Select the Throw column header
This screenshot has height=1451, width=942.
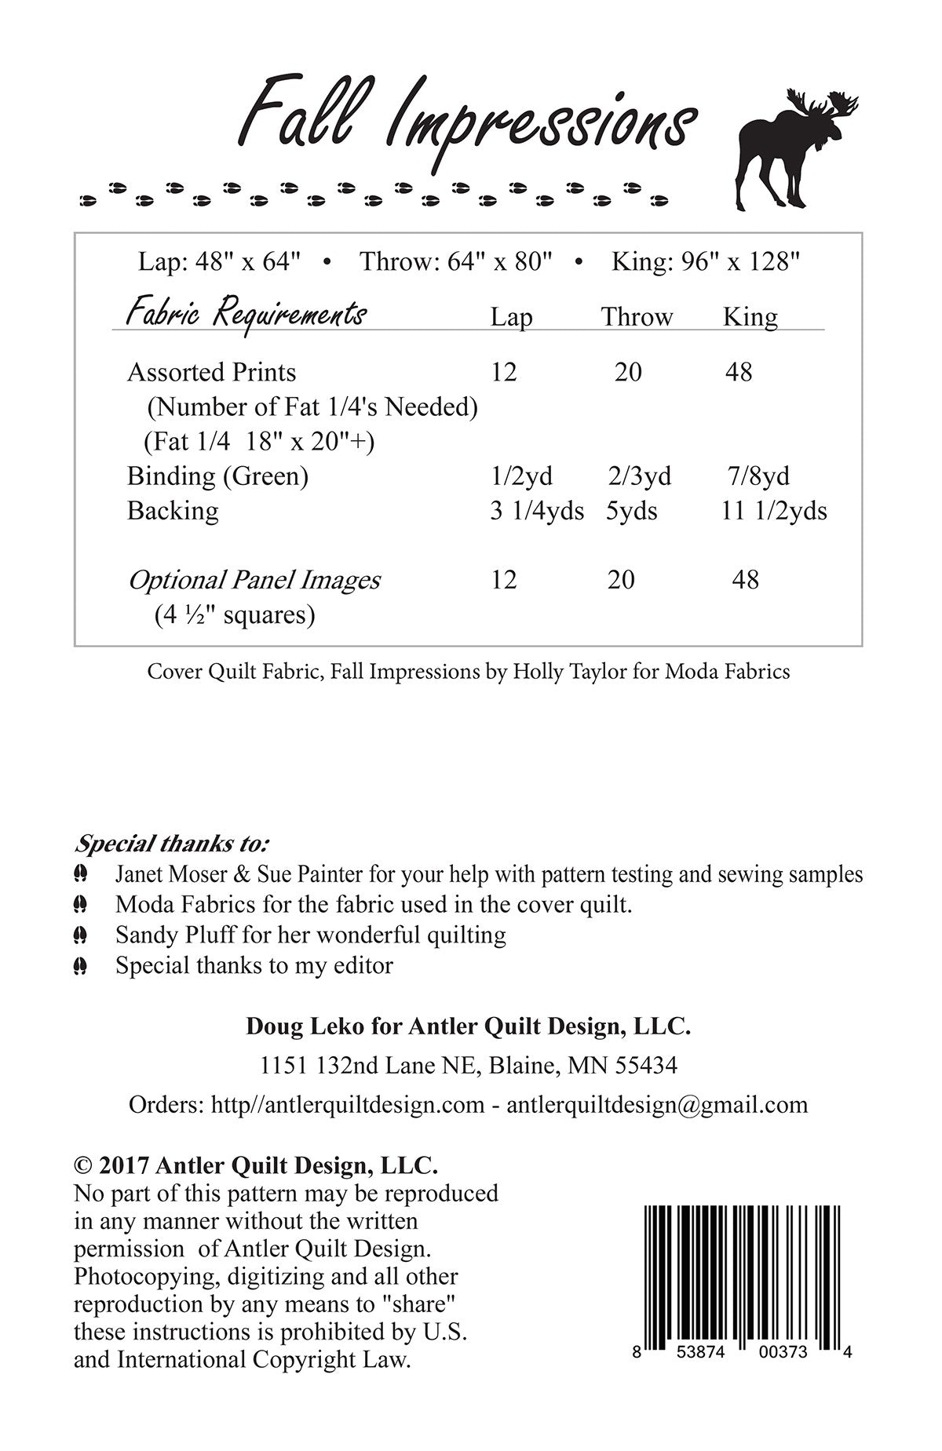[x=637, y=317]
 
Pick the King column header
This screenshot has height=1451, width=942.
[x=750, y=317]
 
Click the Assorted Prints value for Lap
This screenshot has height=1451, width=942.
[x=504, y=372]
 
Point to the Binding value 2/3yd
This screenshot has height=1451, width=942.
[x=639, y=476]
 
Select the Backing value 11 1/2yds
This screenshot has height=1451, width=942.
[x=773, y=511]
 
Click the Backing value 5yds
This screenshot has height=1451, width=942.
[x=631, y=511]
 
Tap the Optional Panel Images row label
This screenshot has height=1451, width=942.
[x=254, y=581]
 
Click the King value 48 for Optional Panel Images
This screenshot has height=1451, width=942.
[x=745, y=580]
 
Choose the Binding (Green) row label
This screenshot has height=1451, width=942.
[x=217, y=476]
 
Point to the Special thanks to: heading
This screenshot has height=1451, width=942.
[x=171, y=844]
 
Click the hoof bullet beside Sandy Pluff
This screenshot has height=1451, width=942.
[x=80, y=935]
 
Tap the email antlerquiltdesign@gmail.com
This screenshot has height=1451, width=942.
[x=657, y=1105]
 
